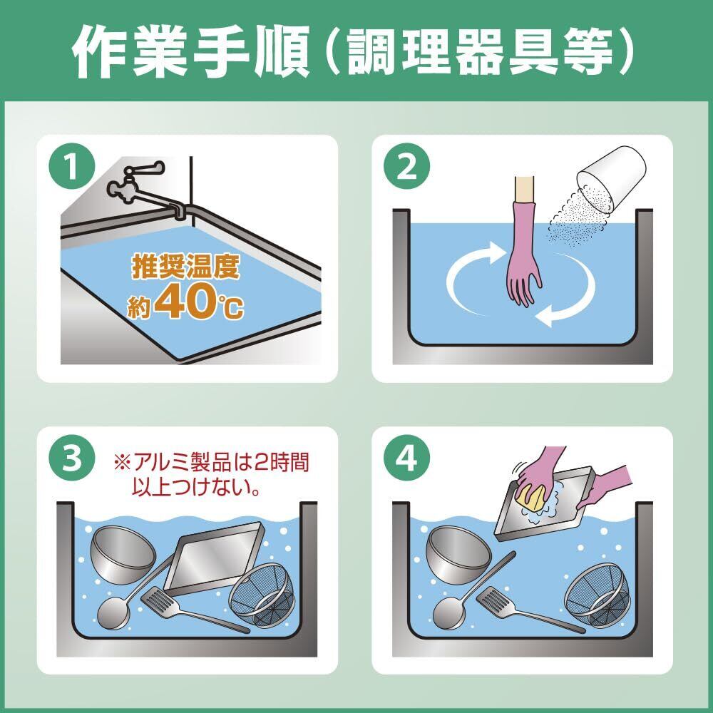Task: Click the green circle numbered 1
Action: point(72,167)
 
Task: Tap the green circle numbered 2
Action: point(406,167)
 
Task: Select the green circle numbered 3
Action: point(72,458)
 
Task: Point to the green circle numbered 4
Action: point(406,458)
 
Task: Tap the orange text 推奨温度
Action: point(185,266)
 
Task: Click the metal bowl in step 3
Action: point(123,554)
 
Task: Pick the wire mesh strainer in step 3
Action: point(262,595)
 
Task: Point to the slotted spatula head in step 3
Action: point(158,600)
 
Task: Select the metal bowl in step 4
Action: point(458,554)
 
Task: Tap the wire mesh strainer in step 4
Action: point(597,595)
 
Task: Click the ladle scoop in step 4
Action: point(449,612)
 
